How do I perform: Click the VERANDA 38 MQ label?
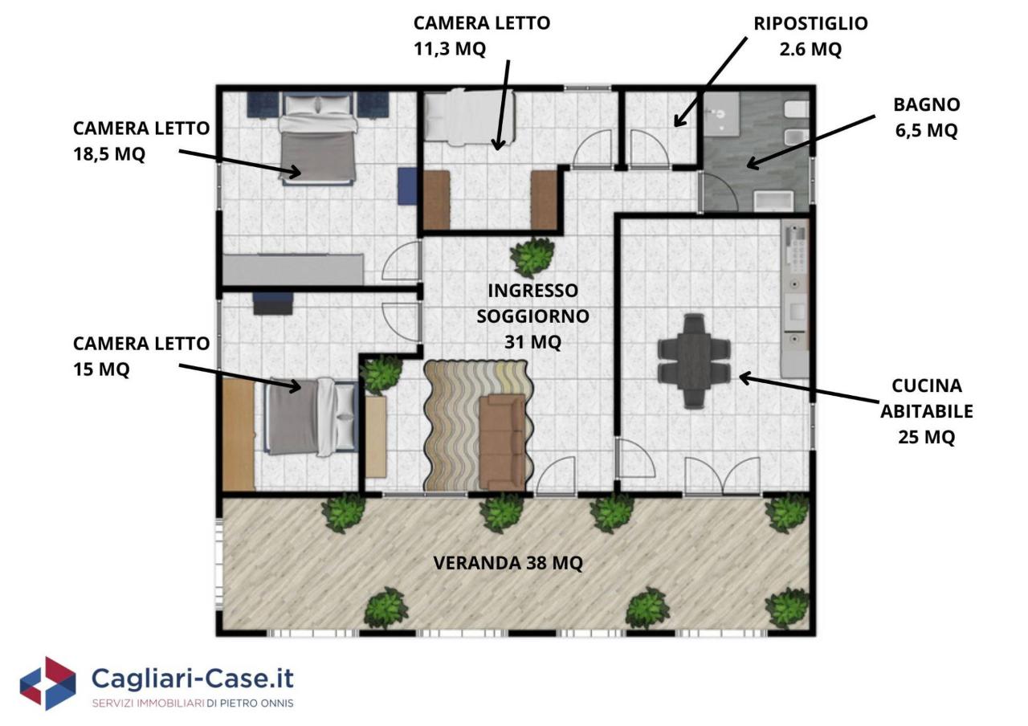[x=508, y=563]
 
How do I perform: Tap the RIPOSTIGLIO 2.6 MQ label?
[x=810, y=36]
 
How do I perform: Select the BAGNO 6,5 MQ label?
[x=927, y=117]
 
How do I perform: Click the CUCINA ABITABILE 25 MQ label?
[x=927, y=411]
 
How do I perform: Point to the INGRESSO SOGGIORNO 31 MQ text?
[x=532, y=316]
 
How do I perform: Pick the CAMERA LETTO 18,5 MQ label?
[x=141, y=141]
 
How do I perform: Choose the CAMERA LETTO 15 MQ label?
[x=141, y=356]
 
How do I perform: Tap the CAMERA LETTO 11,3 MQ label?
[x=482, y=36]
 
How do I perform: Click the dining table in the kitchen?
[x=693, y=361]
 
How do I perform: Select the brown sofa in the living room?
[x=502, y=442]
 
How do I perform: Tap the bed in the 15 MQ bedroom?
[x=311, y=417]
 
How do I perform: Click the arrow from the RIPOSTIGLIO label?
[x=711, y=82]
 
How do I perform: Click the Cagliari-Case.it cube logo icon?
[x=47, y=683]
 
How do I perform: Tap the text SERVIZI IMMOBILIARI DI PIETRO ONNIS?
[x=193, y=704]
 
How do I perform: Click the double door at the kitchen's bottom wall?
[x=724, y=476]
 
